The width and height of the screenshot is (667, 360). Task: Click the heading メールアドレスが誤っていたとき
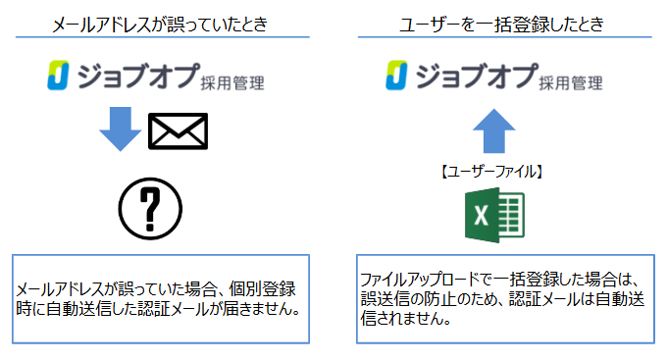click(x=162, y=25)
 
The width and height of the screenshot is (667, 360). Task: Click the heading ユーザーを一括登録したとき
click(x=501, y=25)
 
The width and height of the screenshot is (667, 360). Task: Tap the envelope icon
click(x=178, y=131)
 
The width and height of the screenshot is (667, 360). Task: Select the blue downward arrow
click(x=121, y=129)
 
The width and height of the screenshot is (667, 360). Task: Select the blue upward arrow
click(x=492, y=129)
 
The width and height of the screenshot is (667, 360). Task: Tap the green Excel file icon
click(x=494, y=213)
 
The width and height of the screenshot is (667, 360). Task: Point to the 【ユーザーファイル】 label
click(x=493, y=171)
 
